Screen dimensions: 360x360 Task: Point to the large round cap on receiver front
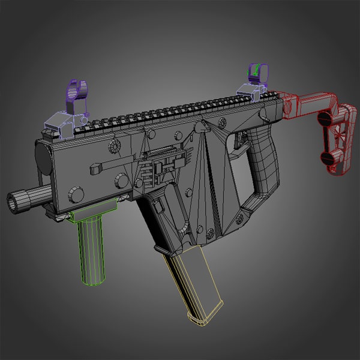[43, 158]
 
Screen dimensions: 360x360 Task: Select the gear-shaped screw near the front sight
[114, 146]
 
